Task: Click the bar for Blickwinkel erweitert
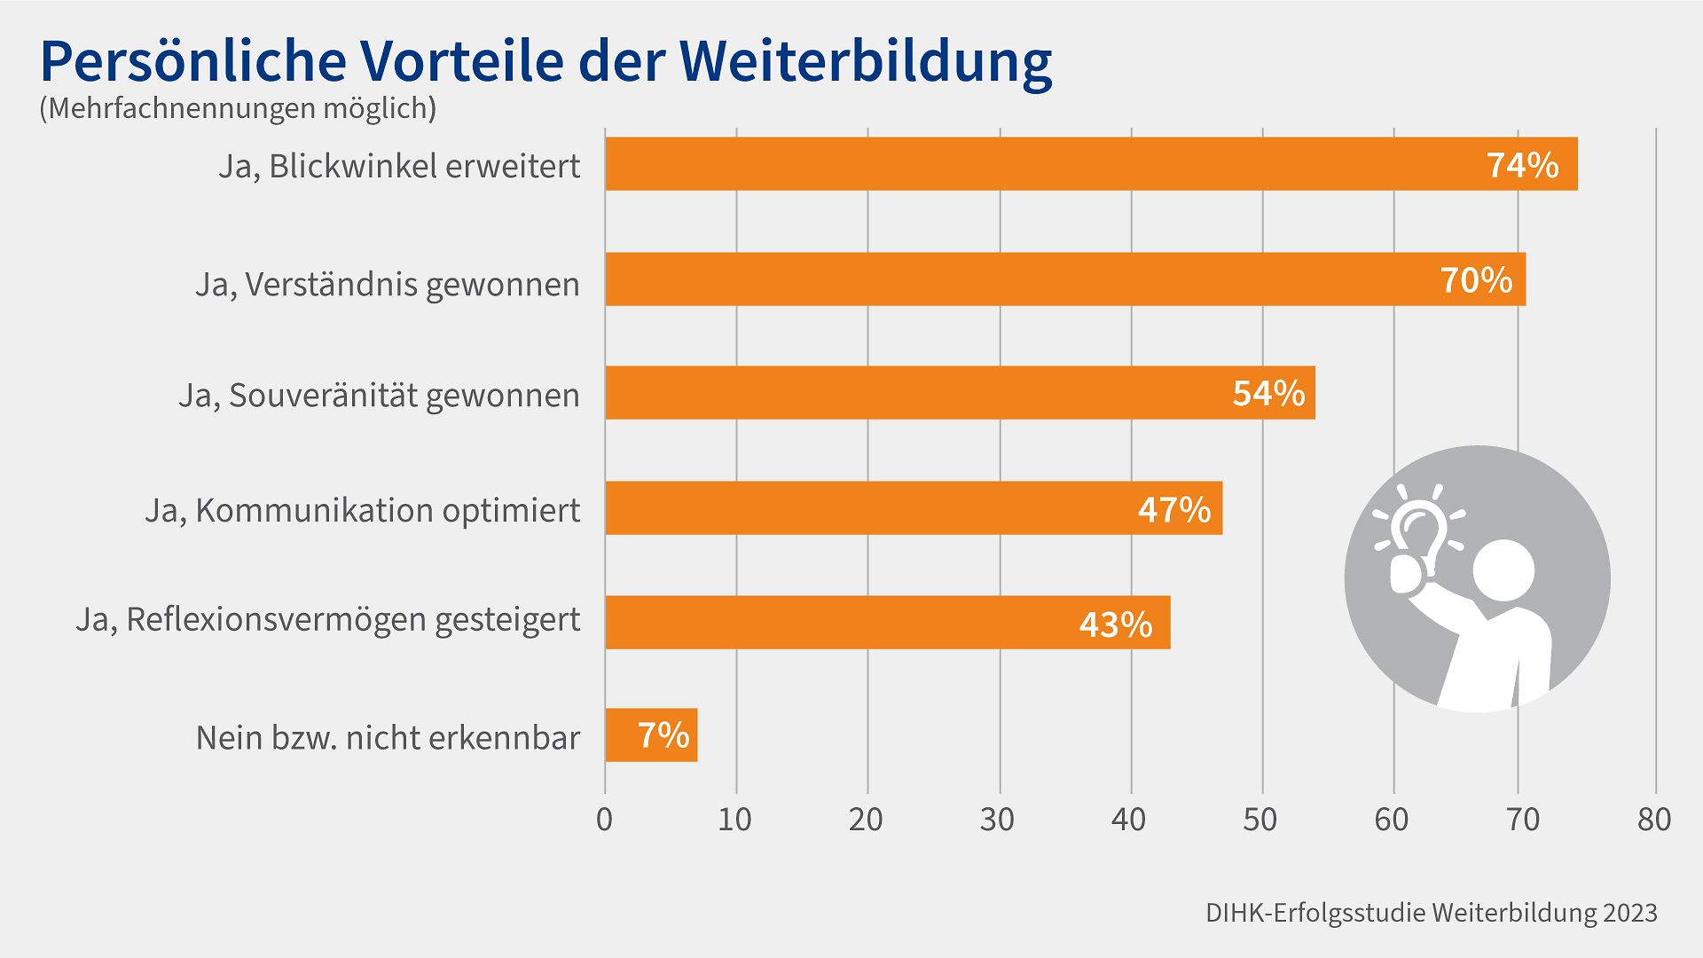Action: coord(1020,164)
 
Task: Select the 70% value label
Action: coord(1476,280)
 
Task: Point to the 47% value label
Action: coord(1174,510)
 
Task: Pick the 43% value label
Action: coord(1115,624)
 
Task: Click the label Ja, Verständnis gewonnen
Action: coord(388,285)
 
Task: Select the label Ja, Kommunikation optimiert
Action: coord(363,510)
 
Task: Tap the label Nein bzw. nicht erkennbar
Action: coord(388,737)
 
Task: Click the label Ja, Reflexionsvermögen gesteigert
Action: coord(328,619)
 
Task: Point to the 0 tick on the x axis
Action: coord(604,820)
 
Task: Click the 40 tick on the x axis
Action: coord(1128,820)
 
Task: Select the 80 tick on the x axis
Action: coord(1654,820)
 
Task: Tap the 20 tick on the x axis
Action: coord(866,820)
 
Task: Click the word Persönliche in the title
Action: coord(192,62)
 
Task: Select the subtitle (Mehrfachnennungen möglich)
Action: coord(238,108)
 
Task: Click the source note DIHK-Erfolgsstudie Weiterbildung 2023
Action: coord(1431,914)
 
